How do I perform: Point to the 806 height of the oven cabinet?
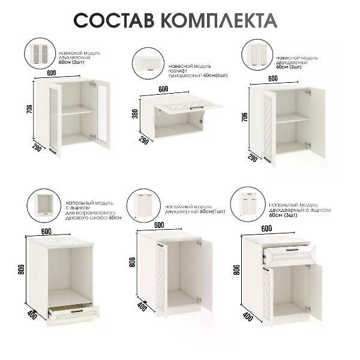22,270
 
